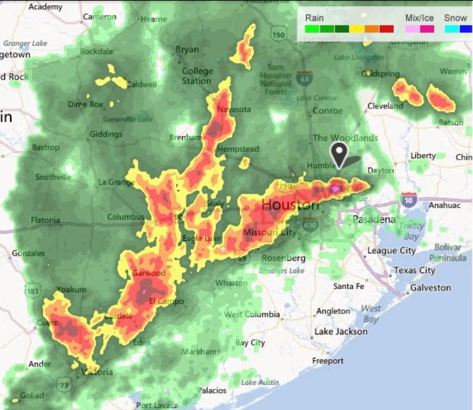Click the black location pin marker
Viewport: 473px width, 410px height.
coord(339,155)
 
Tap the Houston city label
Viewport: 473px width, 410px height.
coord(290,206)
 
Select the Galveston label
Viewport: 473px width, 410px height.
coord(431,288)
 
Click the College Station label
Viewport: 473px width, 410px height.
coord(197,76)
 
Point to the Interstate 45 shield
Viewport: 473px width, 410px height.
coord(304,77)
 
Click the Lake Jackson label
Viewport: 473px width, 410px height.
coord(341,331)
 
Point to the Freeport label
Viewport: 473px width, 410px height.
coord(328,361)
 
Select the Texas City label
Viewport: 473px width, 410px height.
coord(415,270)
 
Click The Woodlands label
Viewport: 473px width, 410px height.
coord(345,138)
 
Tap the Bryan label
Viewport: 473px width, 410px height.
coord(187,49)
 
